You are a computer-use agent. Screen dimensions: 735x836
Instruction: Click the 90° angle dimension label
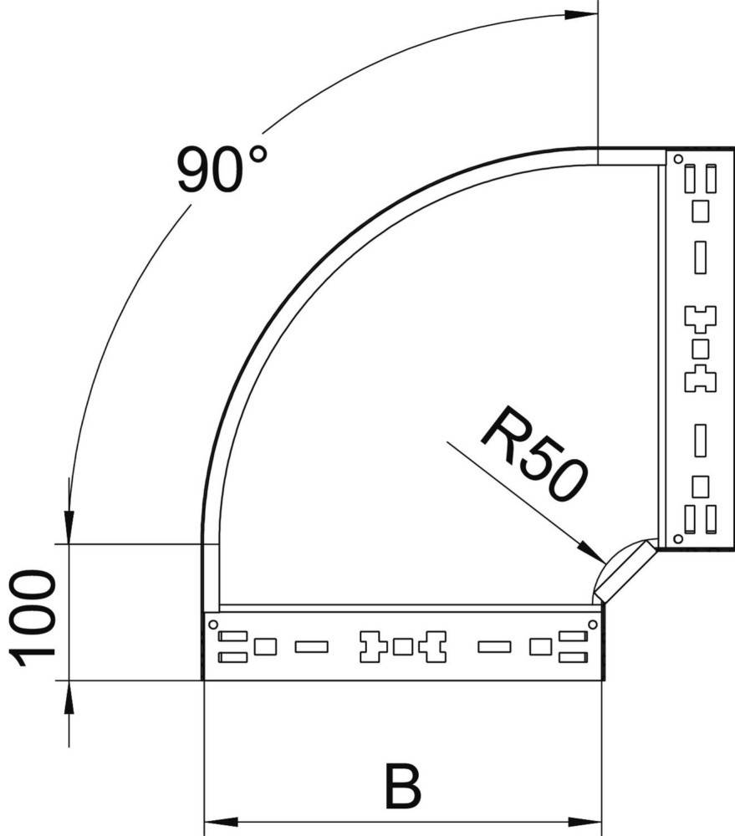[222, 170]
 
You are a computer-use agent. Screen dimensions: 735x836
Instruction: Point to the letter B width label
[403, 786]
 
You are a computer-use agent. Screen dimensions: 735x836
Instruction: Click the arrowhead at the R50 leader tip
[592, 553]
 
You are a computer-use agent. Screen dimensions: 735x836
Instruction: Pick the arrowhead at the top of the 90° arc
[581, 14]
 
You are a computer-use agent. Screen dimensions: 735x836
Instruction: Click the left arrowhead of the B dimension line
[221, 821]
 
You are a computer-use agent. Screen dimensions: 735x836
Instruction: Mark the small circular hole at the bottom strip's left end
[212, 624]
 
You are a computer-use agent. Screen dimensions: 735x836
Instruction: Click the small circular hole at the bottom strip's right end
[593, 624]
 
